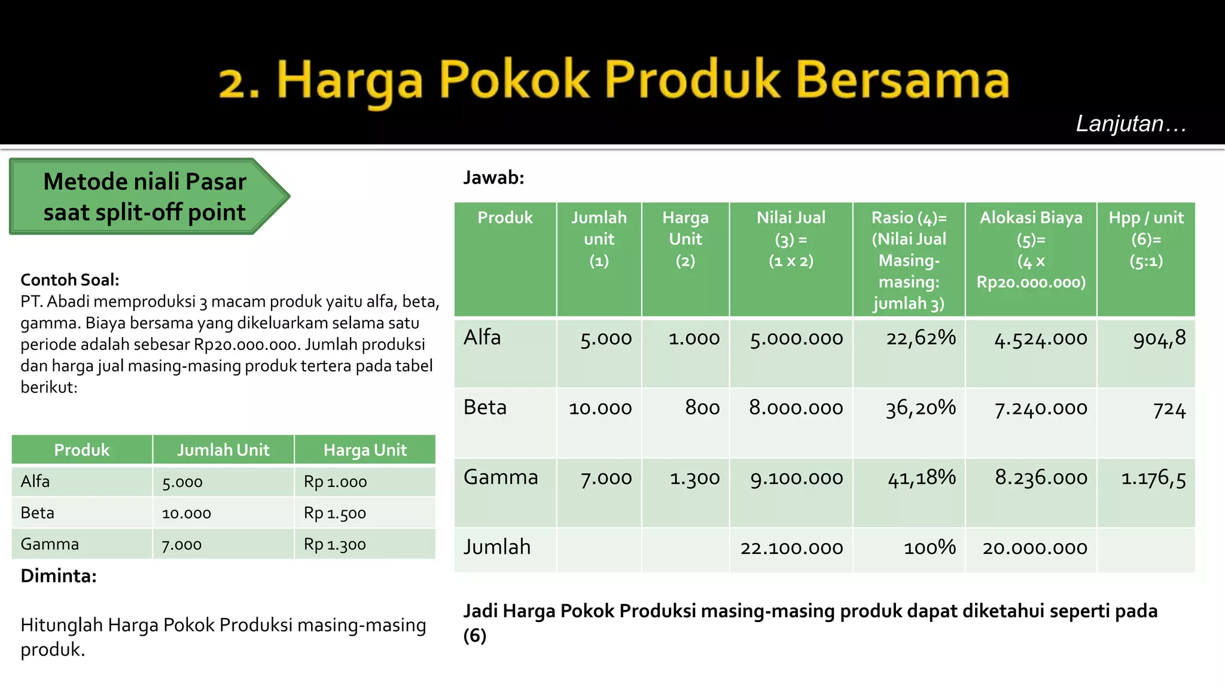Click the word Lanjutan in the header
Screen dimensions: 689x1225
1120,124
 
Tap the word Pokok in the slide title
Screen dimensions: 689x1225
514,80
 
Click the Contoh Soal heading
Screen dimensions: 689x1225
70,280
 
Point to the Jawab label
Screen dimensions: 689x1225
493,178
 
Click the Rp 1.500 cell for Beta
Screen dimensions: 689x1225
335,513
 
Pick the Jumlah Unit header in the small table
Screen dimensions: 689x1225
223,450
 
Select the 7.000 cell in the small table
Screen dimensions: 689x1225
182,545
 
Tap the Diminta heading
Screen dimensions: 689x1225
59,576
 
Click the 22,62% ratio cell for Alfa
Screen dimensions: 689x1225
921,339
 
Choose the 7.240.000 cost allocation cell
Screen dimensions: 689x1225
1040,408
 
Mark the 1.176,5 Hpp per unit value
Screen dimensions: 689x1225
1153,478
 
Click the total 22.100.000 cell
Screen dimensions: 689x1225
791,548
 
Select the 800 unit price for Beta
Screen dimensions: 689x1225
702,408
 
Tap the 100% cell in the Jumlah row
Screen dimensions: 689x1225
930,548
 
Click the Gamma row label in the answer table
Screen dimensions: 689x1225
501,477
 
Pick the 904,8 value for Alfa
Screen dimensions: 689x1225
1159,339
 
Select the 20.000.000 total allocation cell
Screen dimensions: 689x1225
1034,548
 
